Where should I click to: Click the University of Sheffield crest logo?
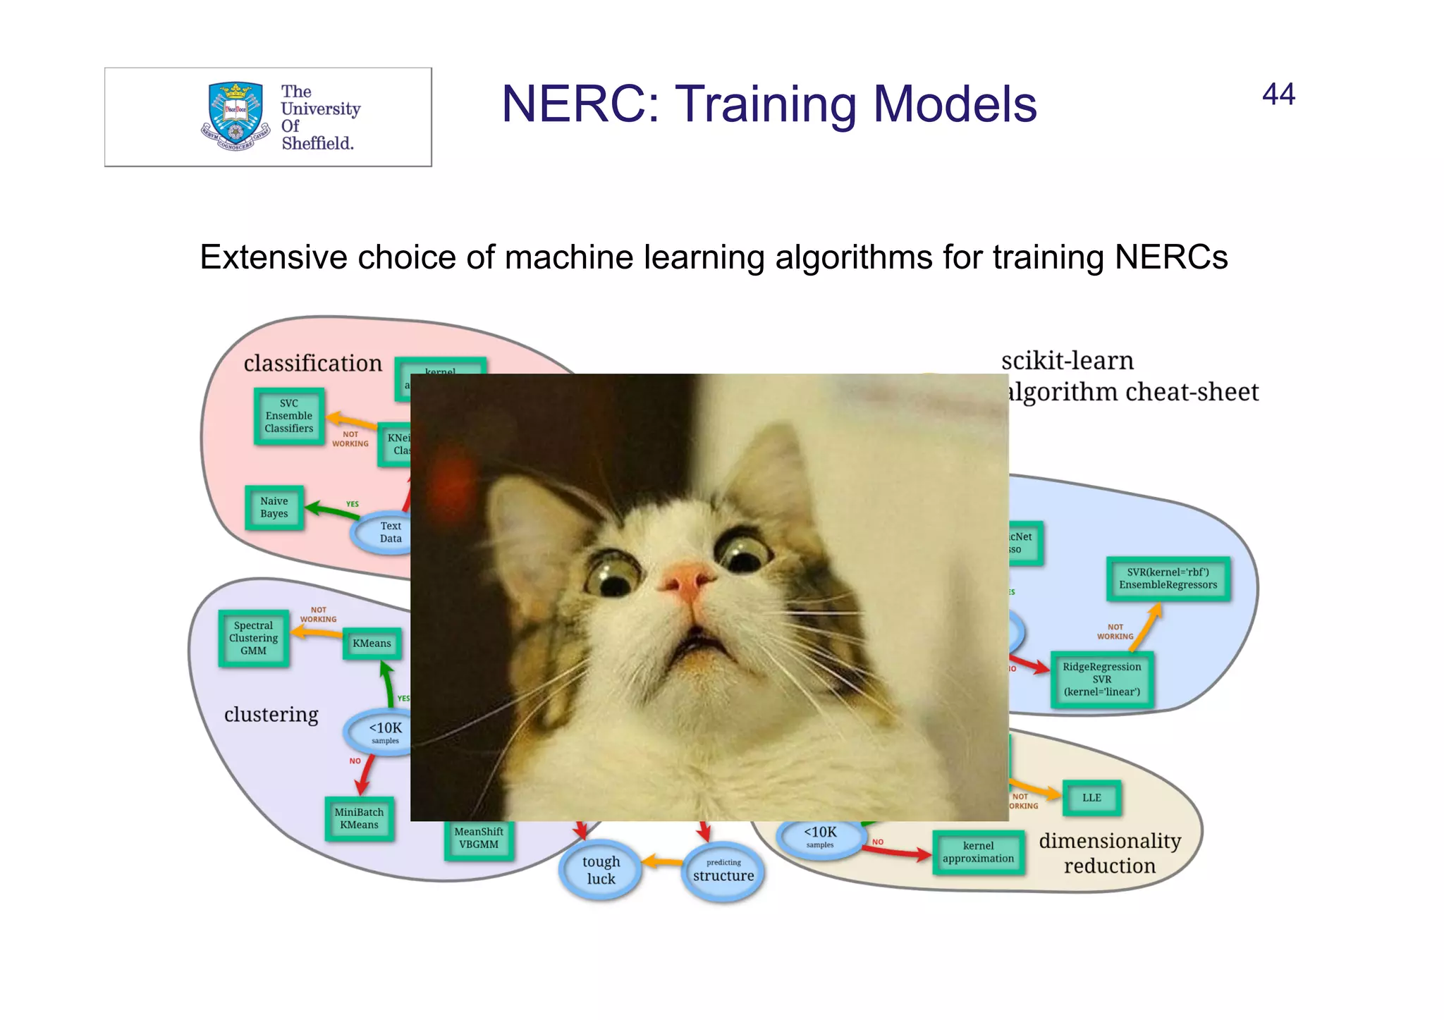[235, 116]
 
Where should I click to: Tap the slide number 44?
[1278, 94]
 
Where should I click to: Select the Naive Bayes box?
[274, 508]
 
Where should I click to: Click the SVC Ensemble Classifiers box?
[289, 416]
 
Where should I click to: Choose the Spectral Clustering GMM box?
[254, 638]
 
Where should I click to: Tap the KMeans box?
[372, 644]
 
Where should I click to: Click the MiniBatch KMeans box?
[359, 818]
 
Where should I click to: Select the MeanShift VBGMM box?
[479, 839]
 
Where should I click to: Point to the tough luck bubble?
[601, 870]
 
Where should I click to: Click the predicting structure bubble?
[723, 872]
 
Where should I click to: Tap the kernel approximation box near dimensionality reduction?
[978, 852]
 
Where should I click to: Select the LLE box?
[1091, 798]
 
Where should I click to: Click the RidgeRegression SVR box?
[1101, 679]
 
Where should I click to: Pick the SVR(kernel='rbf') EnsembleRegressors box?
[1168, 579]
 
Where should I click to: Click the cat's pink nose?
[686, 579]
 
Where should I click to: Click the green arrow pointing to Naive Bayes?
[331, 510]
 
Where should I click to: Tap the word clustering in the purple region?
[271, 715]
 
